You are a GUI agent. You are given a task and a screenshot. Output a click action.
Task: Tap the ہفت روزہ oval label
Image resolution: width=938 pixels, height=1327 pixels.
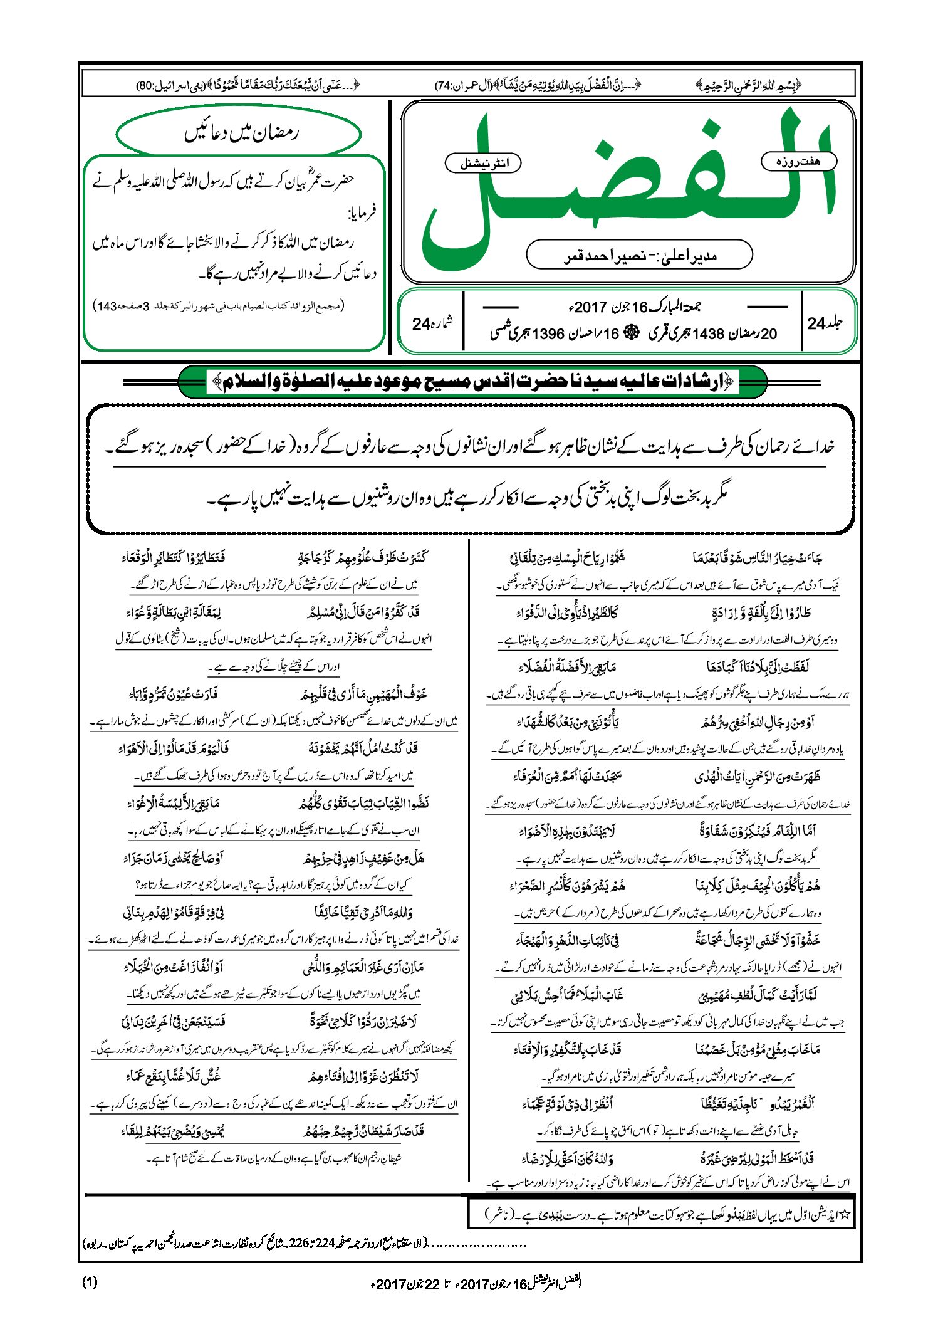(798, 162)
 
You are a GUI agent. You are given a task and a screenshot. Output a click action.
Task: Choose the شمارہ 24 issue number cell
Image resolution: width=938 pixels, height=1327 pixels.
(431, 323)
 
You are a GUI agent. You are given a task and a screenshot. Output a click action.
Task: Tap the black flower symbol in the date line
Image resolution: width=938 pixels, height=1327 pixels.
(633, 334)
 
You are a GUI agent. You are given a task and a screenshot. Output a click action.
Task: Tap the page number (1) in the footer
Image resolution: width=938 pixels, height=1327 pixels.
(90, 1282)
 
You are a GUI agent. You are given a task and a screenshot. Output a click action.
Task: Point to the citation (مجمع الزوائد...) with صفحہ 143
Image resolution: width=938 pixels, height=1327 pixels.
(219, 306)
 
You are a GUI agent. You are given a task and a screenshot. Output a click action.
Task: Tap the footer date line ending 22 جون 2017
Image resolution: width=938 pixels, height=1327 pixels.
(476, 1283)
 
